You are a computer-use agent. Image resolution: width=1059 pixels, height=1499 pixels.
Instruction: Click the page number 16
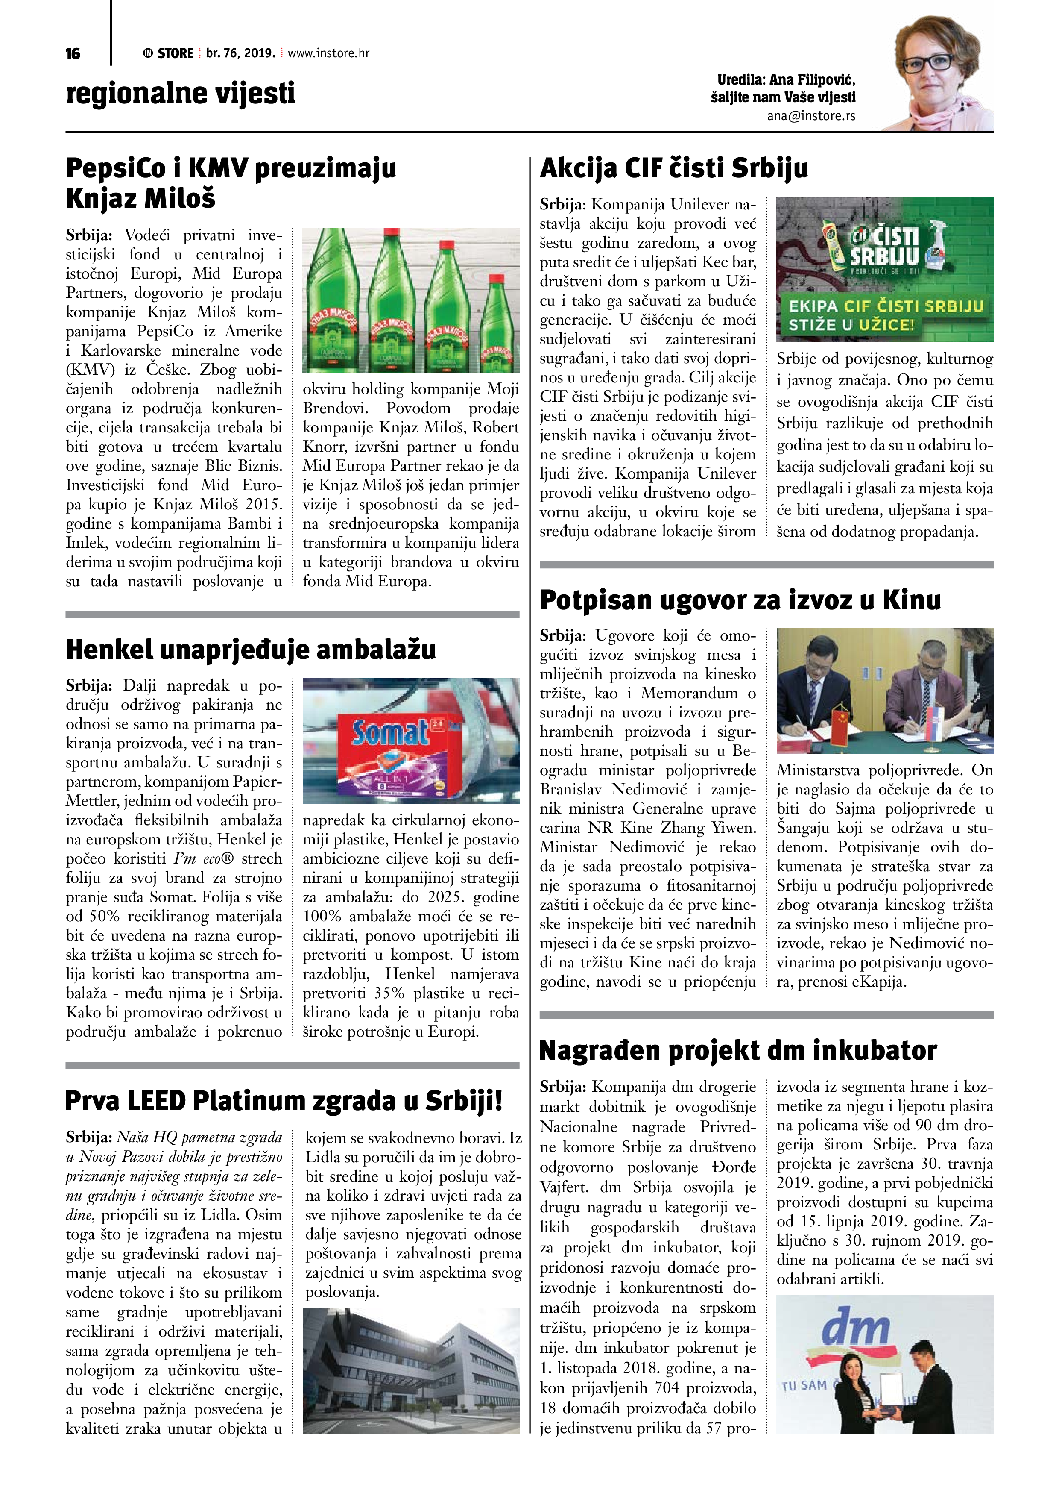point(73,53)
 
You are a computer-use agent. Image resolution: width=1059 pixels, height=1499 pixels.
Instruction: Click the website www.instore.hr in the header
point(328,53)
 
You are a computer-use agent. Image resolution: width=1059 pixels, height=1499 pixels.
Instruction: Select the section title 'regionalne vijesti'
point(180,93)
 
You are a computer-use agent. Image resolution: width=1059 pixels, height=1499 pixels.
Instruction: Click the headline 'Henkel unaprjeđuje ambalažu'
point(251,650)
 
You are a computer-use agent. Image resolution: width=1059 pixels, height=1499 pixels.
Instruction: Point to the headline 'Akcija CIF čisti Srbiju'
point(673,168)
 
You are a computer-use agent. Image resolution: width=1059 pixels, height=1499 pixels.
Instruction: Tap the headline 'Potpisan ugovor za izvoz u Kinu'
point(740,600)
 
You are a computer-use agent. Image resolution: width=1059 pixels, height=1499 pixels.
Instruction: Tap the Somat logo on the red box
point(389,734)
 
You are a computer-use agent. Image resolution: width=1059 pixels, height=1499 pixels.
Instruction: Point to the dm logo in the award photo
point(855,1327)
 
